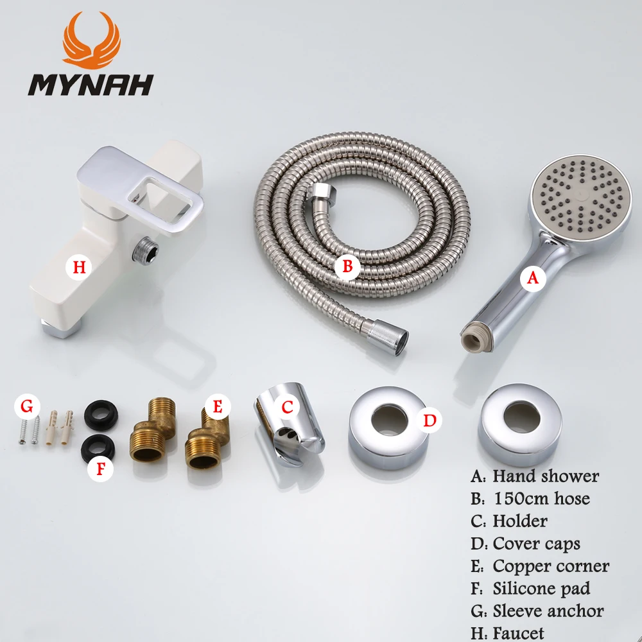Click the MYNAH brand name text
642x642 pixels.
(x=89, y=84)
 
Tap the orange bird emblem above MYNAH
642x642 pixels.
(x=91, y=40)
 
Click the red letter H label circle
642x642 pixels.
(x=78, y=267)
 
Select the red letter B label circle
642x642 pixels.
(x=347, y=266)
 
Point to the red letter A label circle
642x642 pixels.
(x=532, y=279)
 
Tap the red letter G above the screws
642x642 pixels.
(x=26, y=406)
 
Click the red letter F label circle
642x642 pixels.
(x=100, y=468)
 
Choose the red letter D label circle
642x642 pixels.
(x=430, y=421)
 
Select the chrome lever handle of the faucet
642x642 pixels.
(x=160, y=193)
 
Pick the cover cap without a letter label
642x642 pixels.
(x=520, y=425)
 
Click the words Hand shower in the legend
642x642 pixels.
(x=545, y=476)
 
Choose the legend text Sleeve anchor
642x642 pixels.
(x=548, y=611)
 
